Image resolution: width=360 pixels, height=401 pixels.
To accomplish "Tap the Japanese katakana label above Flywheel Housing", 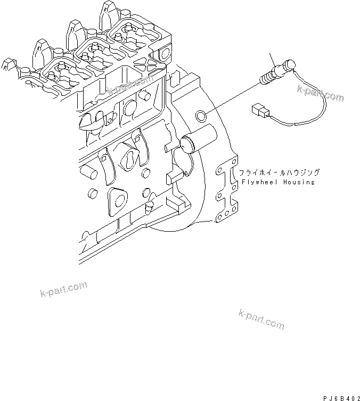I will click(x=279, y=173).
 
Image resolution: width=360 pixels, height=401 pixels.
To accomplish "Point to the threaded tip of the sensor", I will click(x=263, y=80).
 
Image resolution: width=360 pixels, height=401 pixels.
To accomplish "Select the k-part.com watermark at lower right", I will click(x=261, y=320).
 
